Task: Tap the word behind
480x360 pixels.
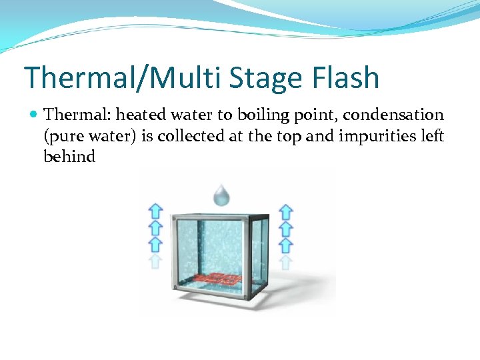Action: coord(69,157)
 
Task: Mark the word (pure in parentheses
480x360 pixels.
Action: coord(62,137)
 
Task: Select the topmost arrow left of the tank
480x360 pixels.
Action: coord(155,212)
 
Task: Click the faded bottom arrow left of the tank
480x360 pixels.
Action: coord(155,261)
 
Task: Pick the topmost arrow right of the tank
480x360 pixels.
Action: coord(285,212)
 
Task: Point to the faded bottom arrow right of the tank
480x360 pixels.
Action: coord(285,261)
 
